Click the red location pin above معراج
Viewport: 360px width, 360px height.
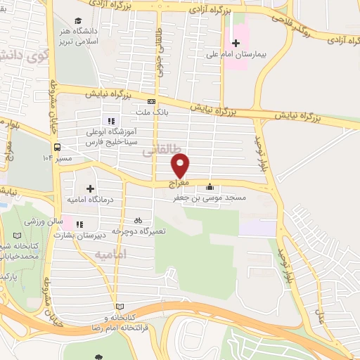tap(181, 165)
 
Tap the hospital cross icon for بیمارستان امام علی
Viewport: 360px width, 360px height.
tap(236, 44)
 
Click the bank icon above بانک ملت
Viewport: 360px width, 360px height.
tap(151, 101)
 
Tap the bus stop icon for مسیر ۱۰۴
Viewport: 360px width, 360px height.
tap(56, 147)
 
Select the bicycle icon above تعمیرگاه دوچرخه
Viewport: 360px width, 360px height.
tap(138, 219)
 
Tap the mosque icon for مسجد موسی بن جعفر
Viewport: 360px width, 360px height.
tap(209, 187)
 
